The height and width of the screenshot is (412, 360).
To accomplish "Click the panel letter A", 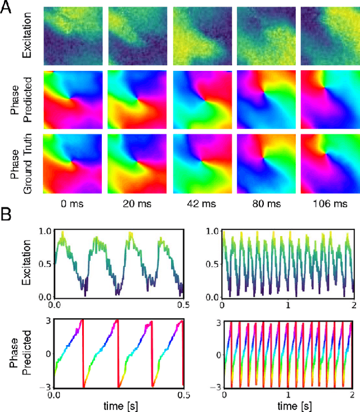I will click(x=10, y=10).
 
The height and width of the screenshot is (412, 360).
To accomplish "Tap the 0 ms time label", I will click(x=72, y=203).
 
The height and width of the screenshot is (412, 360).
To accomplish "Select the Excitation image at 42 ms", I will click(x=201, y=36).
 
